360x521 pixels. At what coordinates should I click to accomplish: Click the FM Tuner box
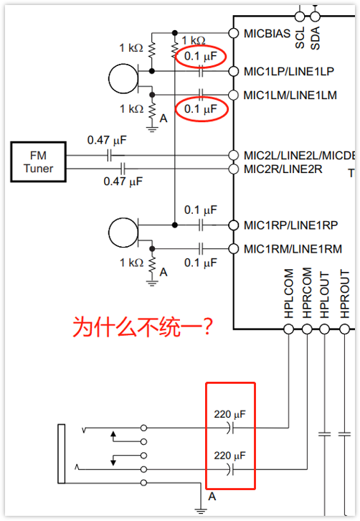(38, 161)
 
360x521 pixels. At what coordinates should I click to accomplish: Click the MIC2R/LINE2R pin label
(283, 169)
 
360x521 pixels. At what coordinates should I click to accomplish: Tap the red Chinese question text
(143, 328)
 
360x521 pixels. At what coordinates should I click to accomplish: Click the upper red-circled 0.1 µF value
(200, 55)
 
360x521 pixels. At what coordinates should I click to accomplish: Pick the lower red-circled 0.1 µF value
(200, 109)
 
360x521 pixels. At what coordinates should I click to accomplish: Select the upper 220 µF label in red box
(229, 414)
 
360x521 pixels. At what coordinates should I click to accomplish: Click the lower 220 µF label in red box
(229, 456)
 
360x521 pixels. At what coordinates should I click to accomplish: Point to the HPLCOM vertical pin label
(289, 294)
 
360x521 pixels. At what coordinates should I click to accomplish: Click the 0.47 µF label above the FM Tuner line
(108, 140)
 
